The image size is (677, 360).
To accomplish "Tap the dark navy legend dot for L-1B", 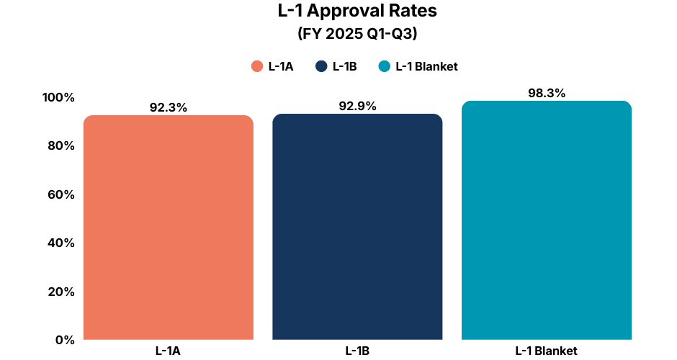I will point(321,66).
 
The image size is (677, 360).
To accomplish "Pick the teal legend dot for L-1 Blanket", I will point(385,66).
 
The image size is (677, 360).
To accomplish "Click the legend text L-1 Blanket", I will point(426,66).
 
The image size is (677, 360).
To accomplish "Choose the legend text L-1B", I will point(344,66).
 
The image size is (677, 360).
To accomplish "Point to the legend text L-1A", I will point(280,66).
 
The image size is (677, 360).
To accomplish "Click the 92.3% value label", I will point(169,107).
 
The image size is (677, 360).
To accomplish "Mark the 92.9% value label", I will point(357,106).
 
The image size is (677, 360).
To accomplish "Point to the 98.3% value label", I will point(546,93).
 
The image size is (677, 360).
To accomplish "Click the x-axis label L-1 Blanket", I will point(546,351).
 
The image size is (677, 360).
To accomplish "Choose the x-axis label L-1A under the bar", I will point(168,351).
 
